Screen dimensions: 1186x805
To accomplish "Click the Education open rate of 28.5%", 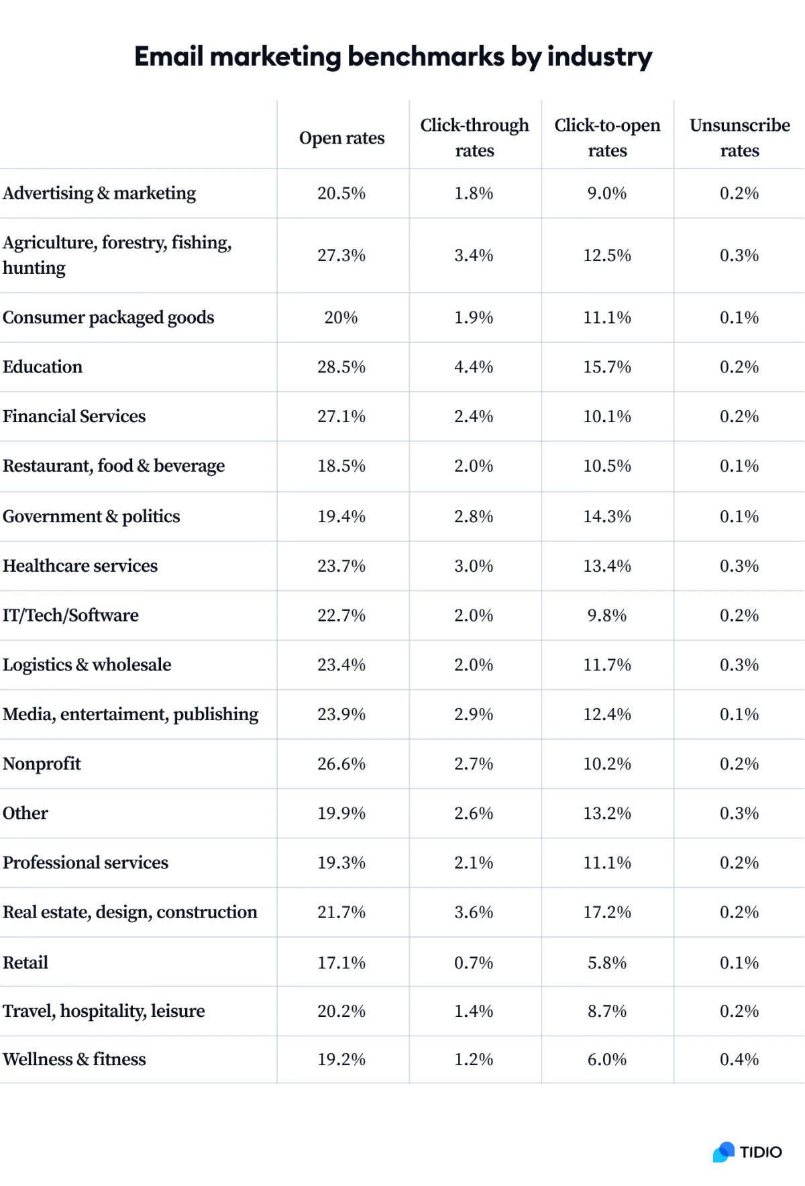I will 341,367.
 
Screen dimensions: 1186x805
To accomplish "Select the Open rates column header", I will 341,138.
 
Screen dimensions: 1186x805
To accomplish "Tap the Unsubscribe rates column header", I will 739,138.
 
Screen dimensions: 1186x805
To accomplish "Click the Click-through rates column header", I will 474,138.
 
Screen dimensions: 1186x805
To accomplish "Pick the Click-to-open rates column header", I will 607,138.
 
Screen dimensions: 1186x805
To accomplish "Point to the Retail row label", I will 25,962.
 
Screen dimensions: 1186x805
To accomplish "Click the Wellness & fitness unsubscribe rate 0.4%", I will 739,1059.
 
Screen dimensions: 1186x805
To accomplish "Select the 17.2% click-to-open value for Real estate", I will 606,912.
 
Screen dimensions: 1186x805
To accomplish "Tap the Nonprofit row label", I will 42,764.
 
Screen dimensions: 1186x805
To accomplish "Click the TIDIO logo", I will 747,1152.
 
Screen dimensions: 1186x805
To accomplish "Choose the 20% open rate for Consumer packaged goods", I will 341,317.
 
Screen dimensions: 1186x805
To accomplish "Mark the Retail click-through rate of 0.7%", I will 474,962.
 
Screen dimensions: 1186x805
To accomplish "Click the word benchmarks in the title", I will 425,57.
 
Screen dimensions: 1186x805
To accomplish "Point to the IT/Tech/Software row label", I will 70,615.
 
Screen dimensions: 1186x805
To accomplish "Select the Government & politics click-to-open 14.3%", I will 606,517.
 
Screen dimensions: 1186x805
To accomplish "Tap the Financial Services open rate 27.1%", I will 341,417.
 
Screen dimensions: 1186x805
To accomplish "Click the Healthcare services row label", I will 80,566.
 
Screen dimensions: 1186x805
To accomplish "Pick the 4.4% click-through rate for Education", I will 474,367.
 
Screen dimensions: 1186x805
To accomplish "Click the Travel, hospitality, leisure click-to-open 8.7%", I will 606,1011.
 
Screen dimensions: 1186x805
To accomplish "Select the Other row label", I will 25,813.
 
